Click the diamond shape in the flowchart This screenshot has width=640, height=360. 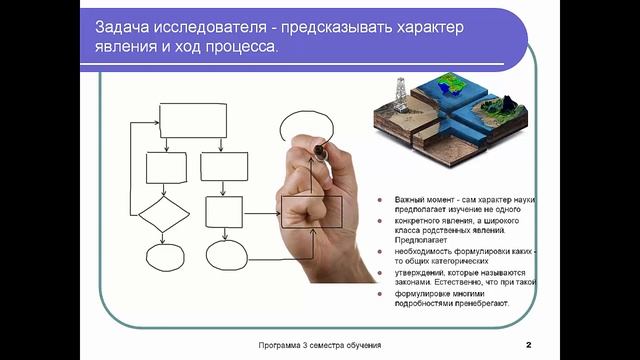pyautogui.click(x=162, y=214)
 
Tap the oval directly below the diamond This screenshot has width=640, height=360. pyautogui.click(x=163, y=257)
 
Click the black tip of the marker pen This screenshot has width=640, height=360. pyautogui.click(x=319, y=151)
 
